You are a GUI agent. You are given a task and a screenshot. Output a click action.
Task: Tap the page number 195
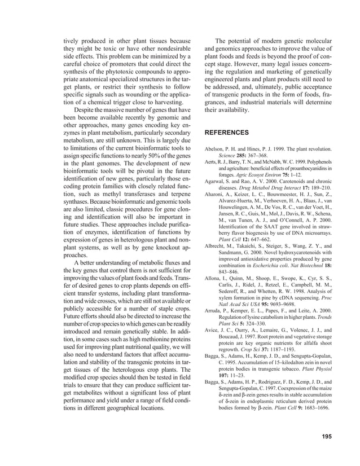tap(326, 436)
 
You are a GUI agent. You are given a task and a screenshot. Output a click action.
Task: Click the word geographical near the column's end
tap(120, 407)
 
